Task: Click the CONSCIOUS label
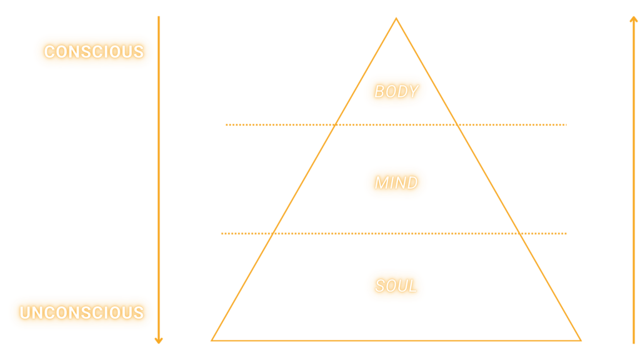(93, 51)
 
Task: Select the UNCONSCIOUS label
(81, 312)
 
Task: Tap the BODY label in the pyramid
(396, 91)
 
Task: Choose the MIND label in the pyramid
(396, 183)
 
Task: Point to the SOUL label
(396, 286)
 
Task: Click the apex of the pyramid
(396, 18)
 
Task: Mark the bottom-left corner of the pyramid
(212, 340)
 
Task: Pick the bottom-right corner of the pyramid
(581, 340)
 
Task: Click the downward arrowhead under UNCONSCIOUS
(159, 341)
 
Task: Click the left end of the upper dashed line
(226, 125)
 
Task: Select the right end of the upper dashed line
(566, 125)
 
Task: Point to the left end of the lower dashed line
(221, 234)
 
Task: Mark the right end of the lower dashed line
(566, 234)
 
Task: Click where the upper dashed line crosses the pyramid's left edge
(335, 125)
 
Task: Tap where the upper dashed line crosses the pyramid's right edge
(457, 125)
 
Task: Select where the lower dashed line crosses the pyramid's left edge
(273, 234)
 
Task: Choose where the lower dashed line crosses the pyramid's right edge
(520, 234)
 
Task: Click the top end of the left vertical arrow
(159, 17)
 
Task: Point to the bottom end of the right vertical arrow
(633, 344)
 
